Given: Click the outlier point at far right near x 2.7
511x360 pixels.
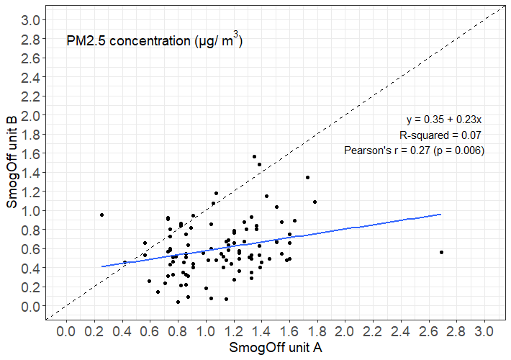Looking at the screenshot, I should (x=441, y=252).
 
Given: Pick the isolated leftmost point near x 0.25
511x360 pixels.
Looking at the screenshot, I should (x=101, y=215).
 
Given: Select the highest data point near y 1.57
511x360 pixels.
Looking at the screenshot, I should (x=254, y=156).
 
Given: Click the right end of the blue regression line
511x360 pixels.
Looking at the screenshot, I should (x=440, y=214).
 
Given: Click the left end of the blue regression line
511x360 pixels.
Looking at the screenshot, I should (x=101, y=266).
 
